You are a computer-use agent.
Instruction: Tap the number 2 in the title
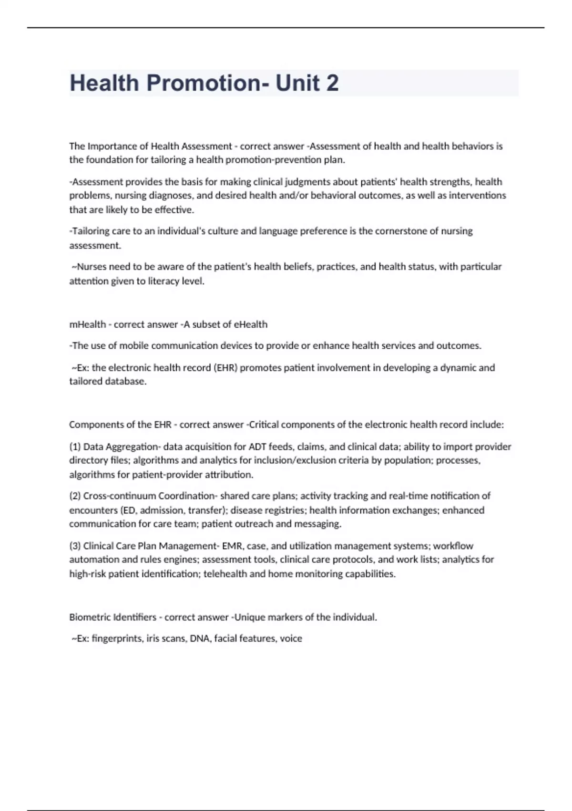pyautogui.click(x=332, y=83)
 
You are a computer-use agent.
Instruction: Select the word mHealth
pyautogui.click(x=88, y=324)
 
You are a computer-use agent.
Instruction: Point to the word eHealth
pyautogui.click(x=250, y=324)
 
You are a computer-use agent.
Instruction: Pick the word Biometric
pyautogui.click(x=90, y=617)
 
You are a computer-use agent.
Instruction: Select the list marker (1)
pyautogui.click(x=75, y=447)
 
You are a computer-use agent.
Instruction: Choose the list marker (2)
pyautogui.click(x=75, y=496)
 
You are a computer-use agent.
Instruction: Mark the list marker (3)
pyautogui.click(x=75, y=546)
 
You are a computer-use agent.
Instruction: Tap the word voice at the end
pyautogui.click(x=291, y=638)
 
